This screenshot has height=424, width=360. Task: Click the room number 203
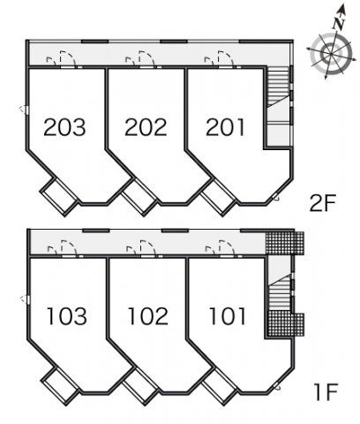64,127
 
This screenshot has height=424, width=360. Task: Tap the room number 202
146,127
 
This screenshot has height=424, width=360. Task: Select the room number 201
225,127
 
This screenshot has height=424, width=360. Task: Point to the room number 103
67,316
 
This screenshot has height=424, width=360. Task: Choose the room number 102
148,316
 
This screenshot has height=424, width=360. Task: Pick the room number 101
227,316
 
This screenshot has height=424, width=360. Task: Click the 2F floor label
323,203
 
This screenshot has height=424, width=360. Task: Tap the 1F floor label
326,392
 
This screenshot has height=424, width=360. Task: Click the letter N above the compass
339,24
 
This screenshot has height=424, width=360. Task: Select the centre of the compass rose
331,54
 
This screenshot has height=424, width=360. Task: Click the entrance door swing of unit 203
68,58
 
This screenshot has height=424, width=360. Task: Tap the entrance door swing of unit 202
146,58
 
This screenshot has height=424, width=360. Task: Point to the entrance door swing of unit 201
226,58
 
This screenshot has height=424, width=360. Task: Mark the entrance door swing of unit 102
148,247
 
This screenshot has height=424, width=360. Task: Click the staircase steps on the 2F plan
278,86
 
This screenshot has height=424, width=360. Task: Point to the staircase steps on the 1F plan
280,294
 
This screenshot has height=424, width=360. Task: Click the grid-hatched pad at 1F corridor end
285,243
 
